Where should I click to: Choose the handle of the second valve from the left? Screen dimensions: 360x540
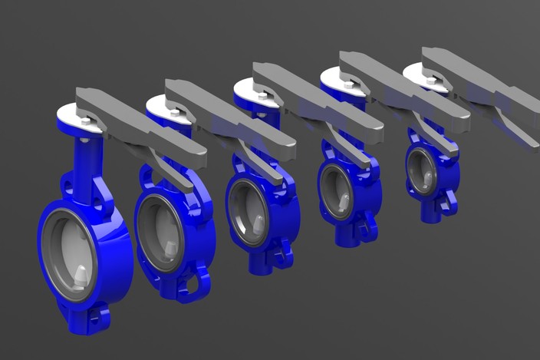pyautogui.click(x=230, y=116)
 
